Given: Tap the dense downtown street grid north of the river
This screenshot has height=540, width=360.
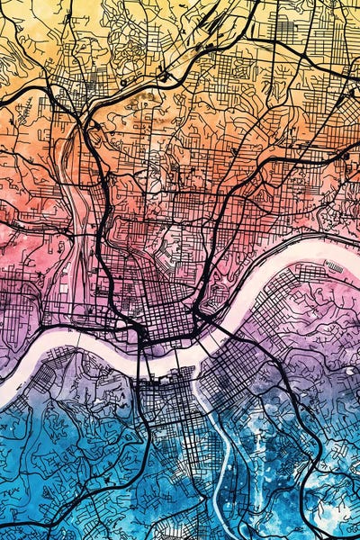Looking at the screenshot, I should pos(162,310).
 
